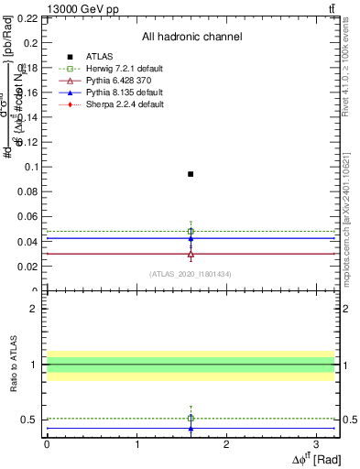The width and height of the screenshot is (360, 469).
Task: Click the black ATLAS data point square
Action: [x=191, y=173]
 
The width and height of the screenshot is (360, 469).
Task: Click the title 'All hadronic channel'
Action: [x=191, y=37]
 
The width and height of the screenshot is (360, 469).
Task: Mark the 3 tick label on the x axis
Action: [x=317, y=443]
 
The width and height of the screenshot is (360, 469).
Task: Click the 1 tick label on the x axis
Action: [x=136, y=443]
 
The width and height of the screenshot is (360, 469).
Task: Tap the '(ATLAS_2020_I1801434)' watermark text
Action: [x=190, y=274]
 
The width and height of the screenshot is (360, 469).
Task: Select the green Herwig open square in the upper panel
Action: [x=191, y=231]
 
